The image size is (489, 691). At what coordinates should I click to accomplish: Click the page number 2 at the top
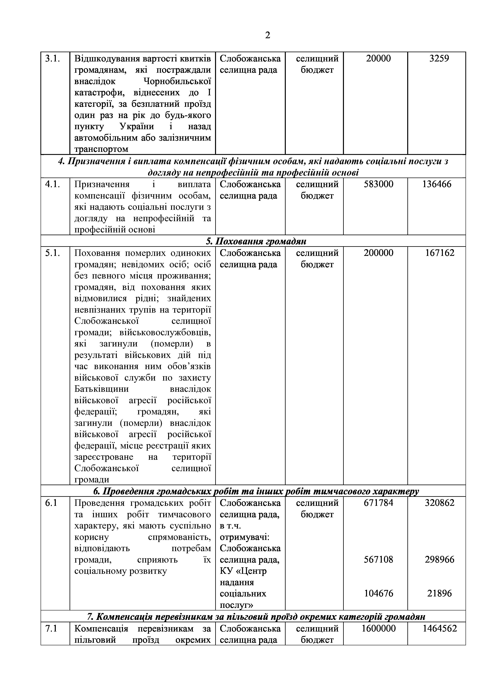click(267, 35)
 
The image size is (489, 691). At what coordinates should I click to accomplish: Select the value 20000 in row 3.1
click(378, 58)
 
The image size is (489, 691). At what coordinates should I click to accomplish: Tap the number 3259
click(439, 58)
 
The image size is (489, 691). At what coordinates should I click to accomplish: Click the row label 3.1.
click(53, 58)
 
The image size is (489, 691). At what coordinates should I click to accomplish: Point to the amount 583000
click(378, 184)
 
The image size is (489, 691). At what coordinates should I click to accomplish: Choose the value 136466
click(437, 184)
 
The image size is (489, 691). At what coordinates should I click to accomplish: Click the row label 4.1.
click(53, 184)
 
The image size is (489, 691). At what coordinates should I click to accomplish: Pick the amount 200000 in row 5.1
click(378, 253)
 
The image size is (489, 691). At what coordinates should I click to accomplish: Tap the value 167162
click(440, 253)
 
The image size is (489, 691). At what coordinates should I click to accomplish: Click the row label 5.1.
click(53, 253)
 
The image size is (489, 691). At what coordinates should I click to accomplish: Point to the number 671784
click(378, 503)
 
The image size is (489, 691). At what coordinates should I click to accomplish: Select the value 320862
click(440, 503)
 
